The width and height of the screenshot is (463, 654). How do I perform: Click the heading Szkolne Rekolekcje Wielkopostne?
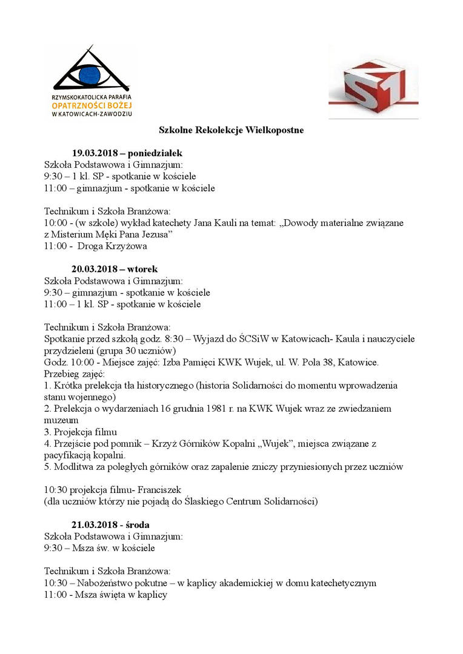231,130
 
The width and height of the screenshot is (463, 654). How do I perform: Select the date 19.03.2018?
94,153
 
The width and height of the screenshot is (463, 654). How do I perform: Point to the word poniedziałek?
155,153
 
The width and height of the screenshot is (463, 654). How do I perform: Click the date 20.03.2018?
94,269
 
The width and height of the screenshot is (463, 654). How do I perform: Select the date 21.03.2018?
94,524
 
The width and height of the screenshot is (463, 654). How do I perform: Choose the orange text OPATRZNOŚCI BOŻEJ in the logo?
92,105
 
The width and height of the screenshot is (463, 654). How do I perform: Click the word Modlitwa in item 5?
72,466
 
